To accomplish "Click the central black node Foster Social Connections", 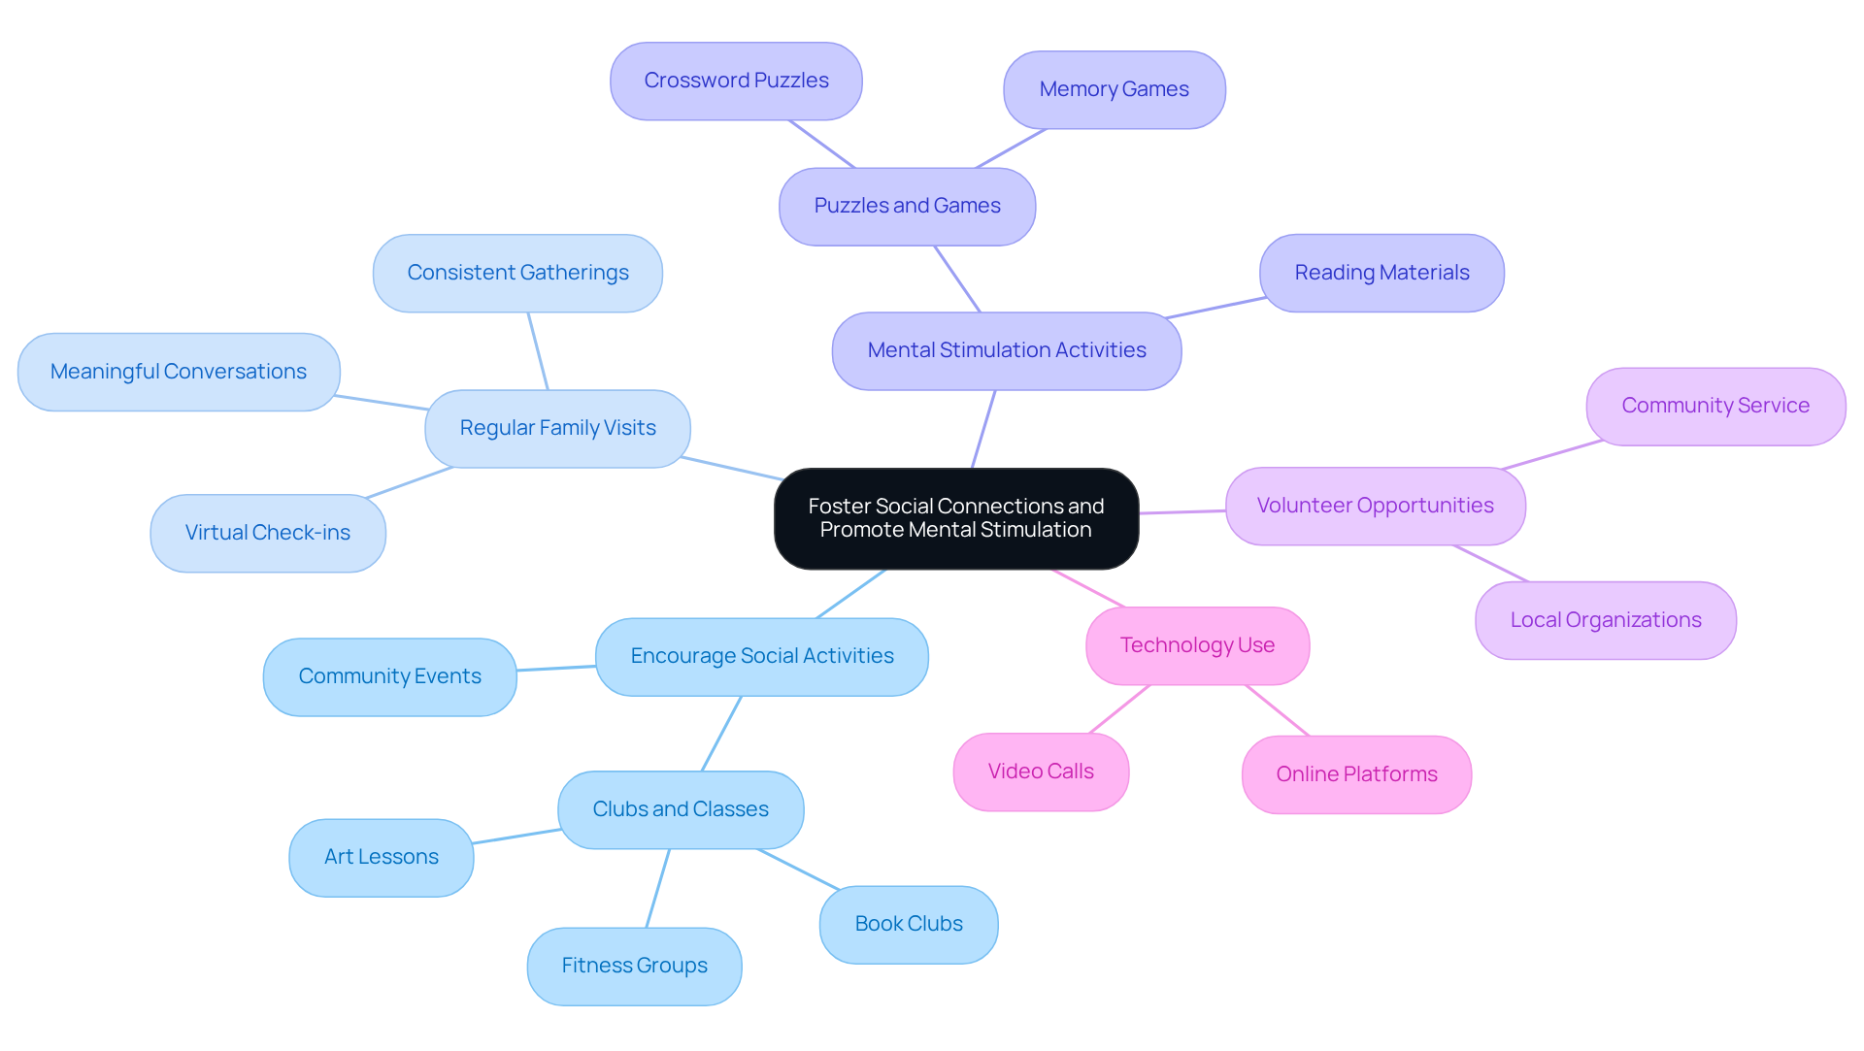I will pyautogui.click(x=955, y=518).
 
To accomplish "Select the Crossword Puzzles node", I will pyautogui.click(x=736, y=81).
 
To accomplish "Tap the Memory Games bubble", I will pyautogui.click(x=1114, y=89).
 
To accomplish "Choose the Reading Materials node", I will pyautogui.click(x=1381, y=273).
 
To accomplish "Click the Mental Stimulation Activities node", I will pyautogui.click(x=1006, y=350).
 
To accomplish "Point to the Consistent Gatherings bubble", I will pyautogui.click(x=517, y=273).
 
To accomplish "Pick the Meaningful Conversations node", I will pyautogui.click(x=179, y=372).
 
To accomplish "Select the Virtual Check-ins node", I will pyautogui.click(x=267, y=533).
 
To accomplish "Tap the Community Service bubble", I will pyautogui.click(x=1714, y=406).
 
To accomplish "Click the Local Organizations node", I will pyautogui.click(x=1605, y=620).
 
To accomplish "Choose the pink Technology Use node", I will pyautogui.click(x=1196, y=645).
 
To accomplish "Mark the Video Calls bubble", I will pyautogui.click(x=1040, y=772).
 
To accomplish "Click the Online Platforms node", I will pyautogui.click(x=1355, y=774).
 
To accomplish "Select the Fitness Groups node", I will pyautogui.click(x=634, y=966).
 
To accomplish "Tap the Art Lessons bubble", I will pyautogui.click(x=381, y=857).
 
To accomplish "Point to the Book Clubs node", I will pyautogui.click(x=908, y=924).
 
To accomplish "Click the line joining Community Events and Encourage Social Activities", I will pyautogui.click(x=556, y=668).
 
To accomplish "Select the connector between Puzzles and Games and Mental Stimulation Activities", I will pyautogui.click(x=957, y=279).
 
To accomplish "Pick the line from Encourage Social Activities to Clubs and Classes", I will pyautogui.click(x=721, y=734).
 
